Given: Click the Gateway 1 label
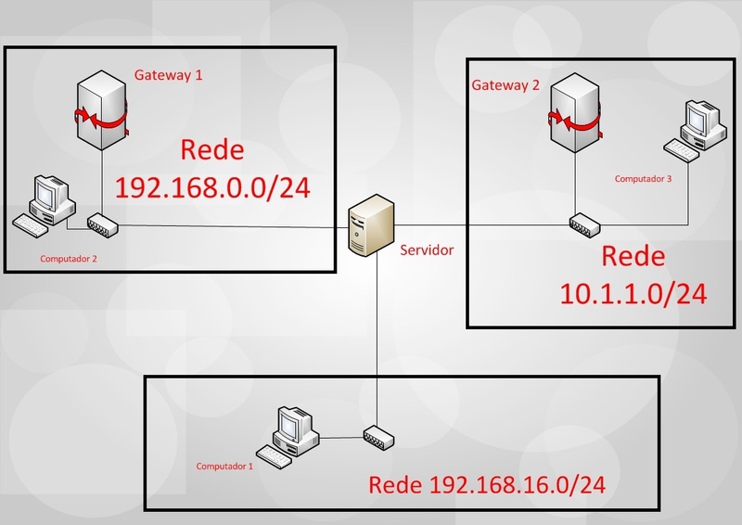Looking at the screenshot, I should (169, 75).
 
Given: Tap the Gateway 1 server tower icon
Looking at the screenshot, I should (102, 116).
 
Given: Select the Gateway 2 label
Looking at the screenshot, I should (505, 86).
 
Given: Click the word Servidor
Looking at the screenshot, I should (428, 250).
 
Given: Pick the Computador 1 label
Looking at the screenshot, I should (224, 466).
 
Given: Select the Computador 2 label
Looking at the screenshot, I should (68, 259).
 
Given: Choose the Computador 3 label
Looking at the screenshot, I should (642, 177).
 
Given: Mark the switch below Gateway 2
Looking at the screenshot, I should (587, 224).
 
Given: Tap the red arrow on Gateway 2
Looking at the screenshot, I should (573, 120).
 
